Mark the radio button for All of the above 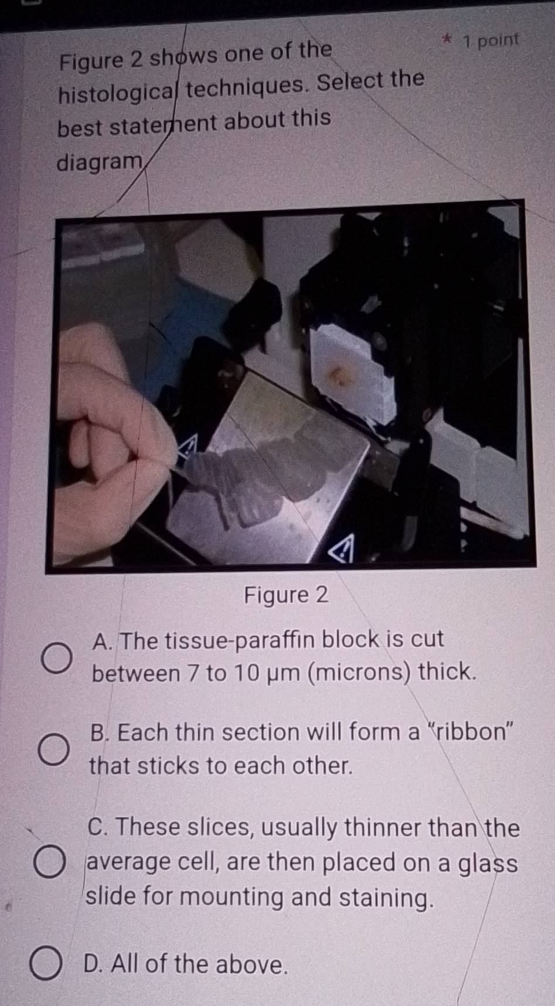46,964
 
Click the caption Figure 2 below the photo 286,595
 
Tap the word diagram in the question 100,162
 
